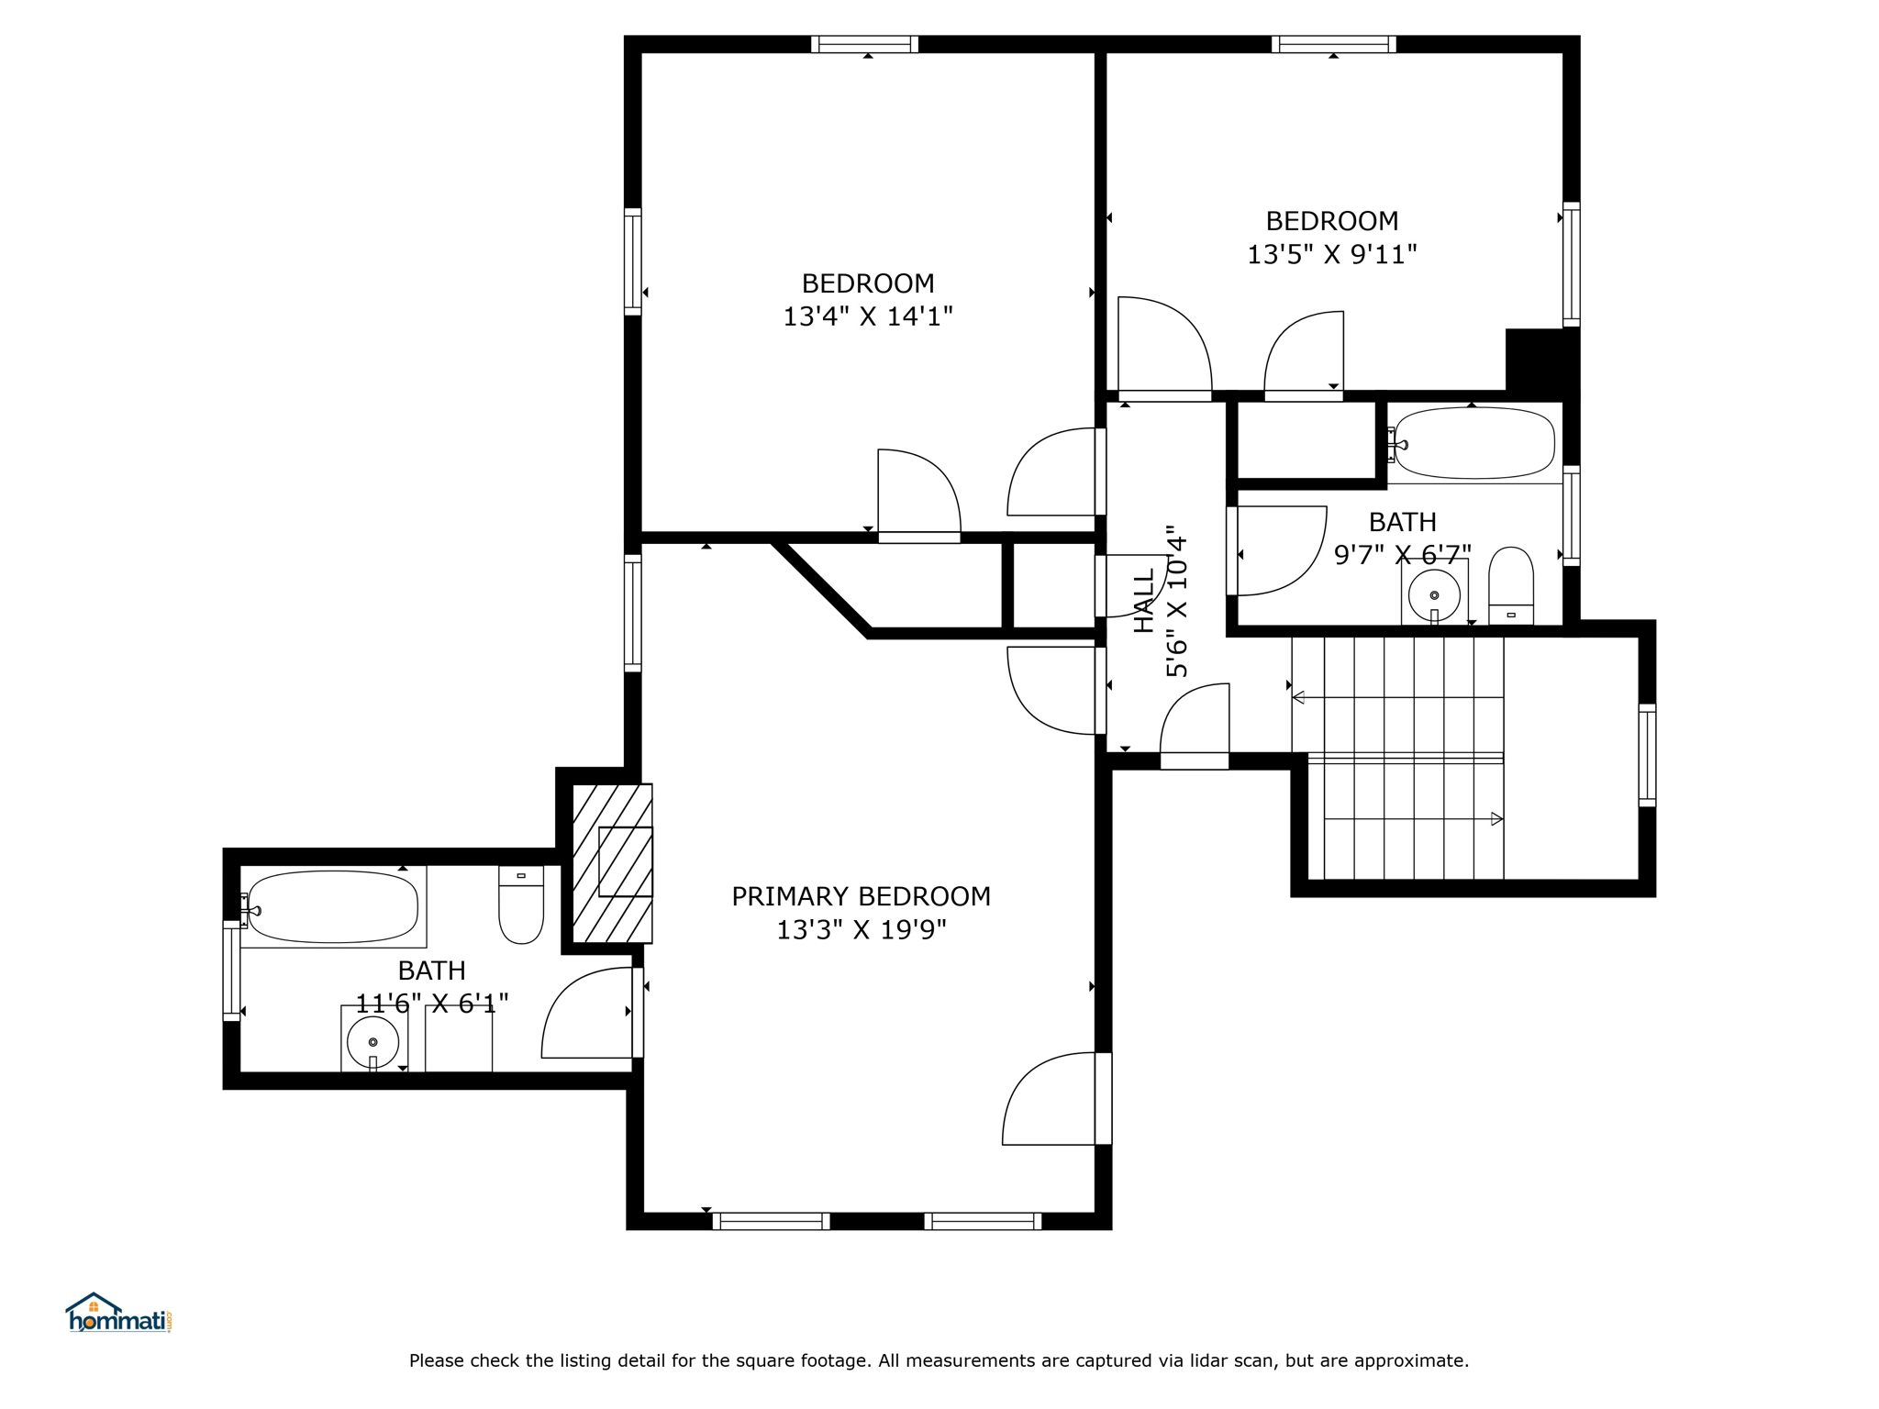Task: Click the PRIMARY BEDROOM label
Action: point(861,896)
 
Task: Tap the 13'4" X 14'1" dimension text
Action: point(868,316)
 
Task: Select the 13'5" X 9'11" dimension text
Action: point(1332,254)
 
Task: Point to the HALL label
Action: point(1144,601)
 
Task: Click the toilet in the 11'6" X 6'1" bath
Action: point(521,904)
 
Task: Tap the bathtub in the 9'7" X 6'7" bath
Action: point(1473,443)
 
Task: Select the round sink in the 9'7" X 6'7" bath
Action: point(1434,595)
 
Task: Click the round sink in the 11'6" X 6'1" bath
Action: point(372,1042)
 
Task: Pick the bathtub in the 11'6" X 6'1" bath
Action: point(332,906)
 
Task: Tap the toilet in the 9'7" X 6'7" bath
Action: point(1511,586)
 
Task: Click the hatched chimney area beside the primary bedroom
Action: point(612,863)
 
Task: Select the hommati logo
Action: point(118,1313)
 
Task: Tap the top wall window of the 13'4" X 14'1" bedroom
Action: point(864,44)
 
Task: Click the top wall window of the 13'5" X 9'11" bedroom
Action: point(1334,44)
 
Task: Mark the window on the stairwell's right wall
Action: point(1648,755)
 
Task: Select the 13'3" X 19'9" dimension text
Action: point(862,930)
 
